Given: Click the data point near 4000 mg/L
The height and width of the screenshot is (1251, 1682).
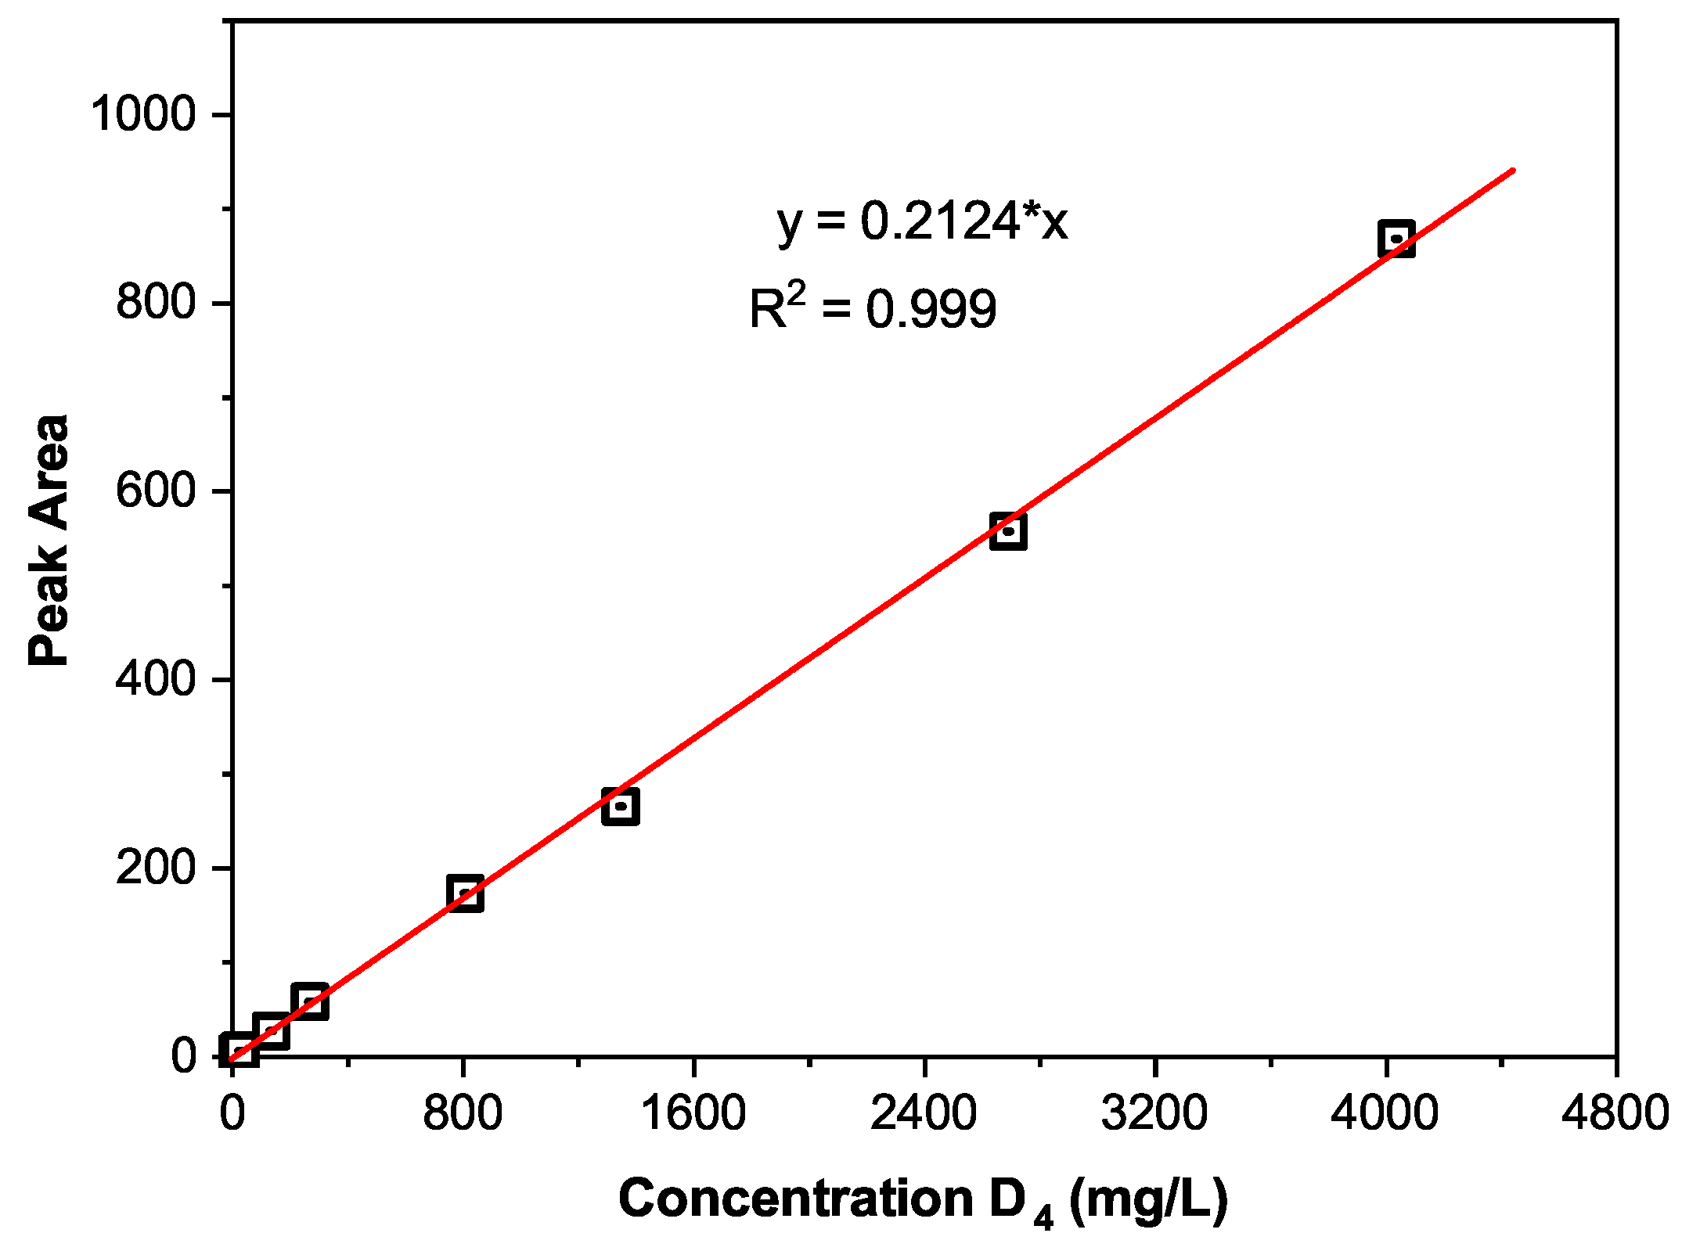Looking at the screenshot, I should [x=1396, y=239].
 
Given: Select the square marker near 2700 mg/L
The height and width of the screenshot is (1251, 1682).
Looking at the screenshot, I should [x=1008, y=531].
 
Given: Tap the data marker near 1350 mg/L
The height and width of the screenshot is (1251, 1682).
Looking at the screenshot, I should [x=621, y=806].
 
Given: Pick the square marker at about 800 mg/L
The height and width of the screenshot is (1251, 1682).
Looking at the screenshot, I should [x=465, y=893].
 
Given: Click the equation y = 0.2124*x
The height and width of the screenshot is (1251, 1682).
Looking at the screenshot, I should [x=922, y=221].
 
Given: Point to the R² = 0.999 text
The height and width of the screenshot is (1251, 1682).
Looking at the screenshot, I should [x=873, y=308].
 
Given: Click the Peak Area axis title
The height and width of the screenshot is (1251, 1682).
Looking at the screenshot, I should [x=49, y=540].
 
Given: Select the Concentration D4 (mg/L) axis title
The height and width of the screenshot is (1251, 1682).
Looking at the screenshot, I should [x=923, y=1200].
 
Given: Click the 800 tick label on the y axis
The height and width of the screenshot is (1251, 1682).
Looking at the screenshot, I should [x=155, y=302].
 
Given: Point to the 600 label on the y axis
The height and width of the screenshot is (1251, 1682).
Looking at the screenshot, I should [x=155, y=491].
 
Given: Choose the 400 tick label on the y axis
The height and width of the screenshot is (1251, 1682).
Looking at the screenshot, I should [x=155, y=679].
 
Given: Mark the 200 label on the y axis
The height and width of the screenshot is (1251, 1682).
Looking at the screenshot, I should [x=155, y=868].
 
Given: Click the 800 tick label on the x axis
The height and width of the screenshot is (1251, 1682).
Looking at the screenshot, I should [x=463, y=1113].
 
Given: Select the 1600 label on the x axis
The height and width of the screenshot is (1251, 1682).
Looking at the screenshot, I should [x=693, y=1113].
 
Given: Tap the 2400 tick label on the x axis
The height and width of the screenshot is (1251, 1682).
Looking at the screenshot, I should [x=924, y=1113].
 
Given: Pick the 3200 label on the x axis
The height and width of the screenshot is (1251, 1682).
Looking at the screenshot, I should [x=1154, y=1113].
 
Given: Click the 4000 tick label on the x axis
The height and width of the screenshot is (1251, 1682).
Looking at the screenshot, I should [x=1385, y=1113].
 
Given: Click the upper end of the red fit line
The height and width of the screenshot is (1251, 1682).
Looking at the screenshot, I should [x=1512, y=171].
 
